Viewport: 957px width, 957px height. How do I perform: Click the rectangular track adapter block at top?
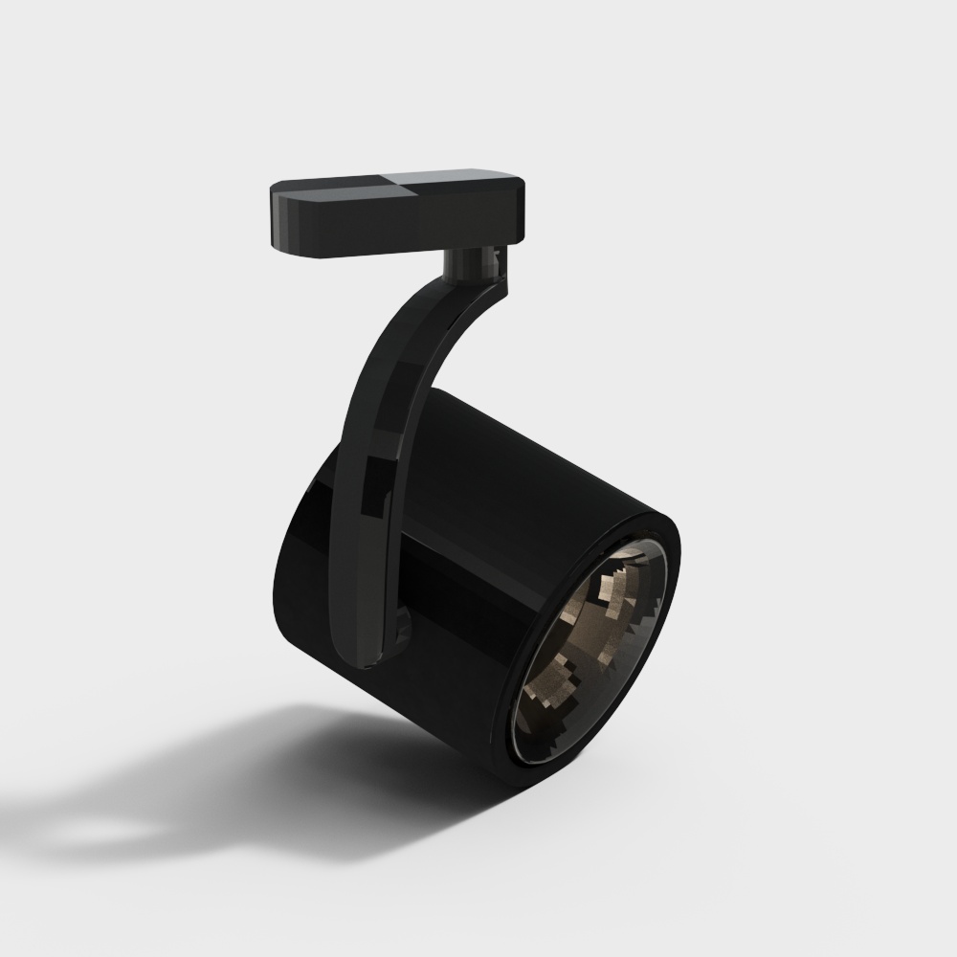tap(397, 215)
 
